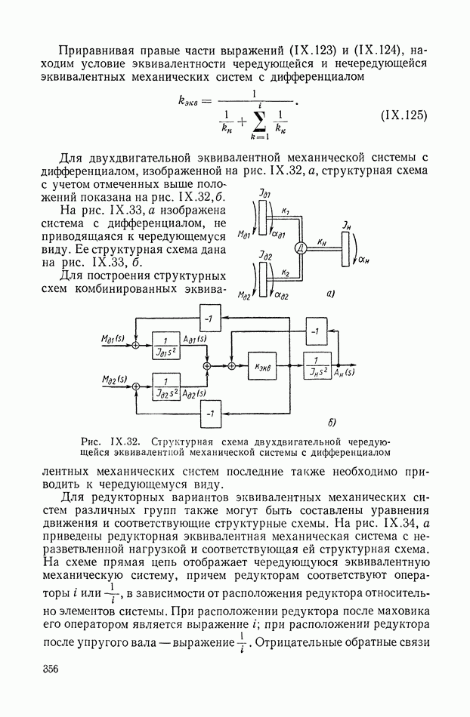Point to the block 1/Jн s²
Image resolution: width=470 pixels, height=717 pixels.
pos(318,365)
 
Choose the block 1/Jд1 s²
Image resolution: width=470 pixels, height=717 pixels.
pos(166,345)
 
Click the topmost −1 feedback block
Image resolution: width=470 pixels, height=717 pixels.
pos(209,318)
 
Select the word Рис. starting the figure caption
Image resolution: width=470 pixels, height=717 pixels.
pos(94,440)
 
